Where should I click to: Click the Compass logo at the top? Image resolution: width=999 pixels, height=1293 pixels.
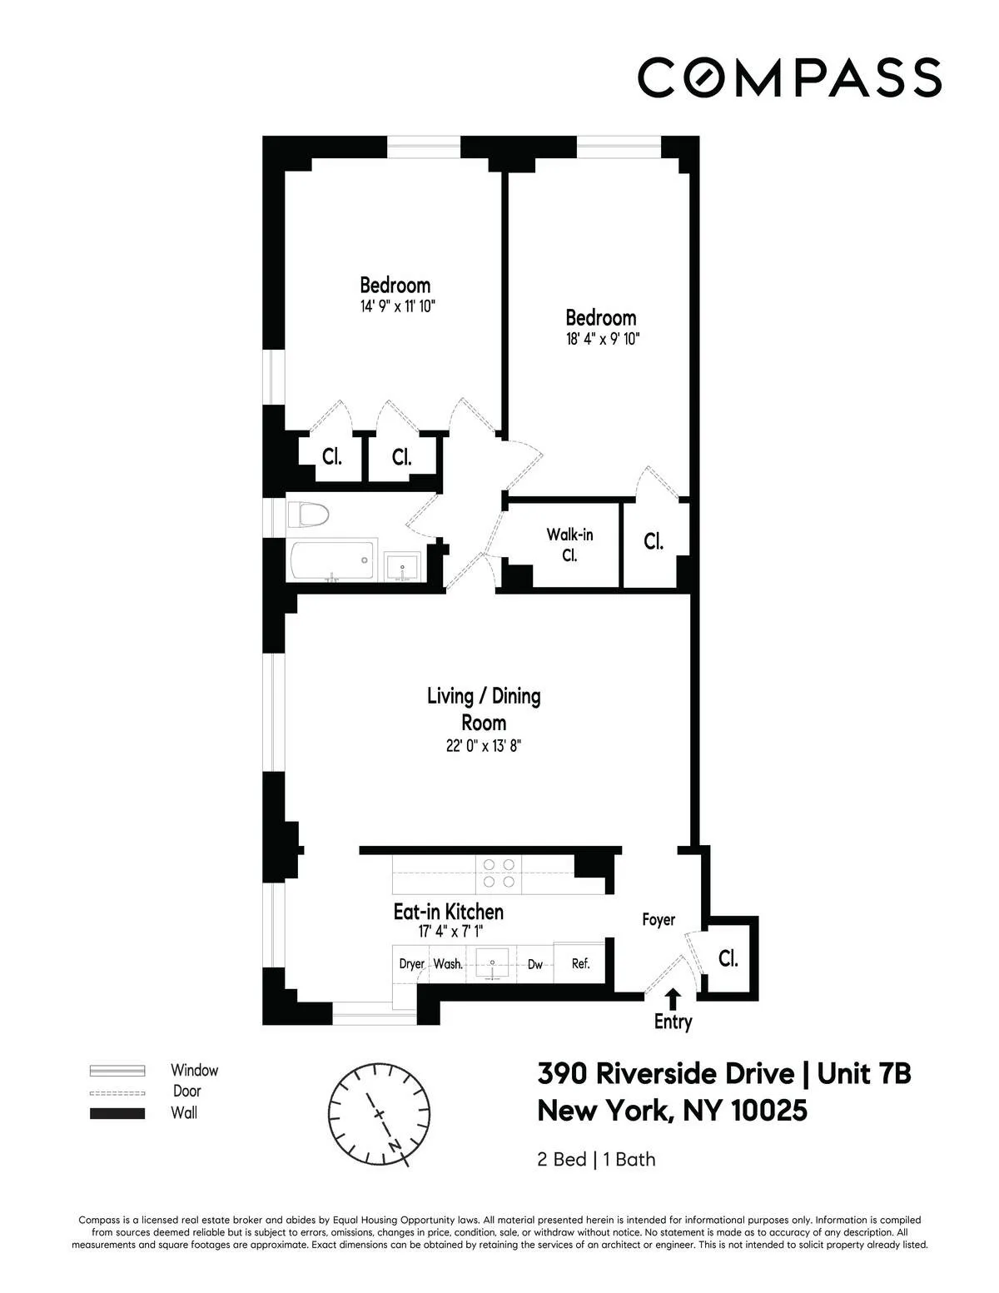(789, 77)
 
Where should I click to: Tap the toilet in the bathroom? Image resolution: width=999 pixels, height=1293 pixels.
(308, 515)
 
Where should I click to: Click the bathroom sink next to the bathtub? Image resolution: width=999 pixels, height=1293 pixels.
(405, 569)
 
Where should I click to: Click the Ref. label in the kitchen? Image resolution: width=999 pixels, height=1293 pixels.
(580, 963)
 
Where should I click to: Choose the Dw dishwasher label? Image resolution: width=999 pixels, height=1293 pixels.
(534, 964)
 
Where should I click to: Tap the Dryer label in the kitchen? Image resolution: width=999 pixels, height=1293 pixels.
(411, 963)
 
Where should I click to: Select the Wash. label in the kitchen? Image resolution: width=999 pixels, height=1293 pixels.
(448, 963)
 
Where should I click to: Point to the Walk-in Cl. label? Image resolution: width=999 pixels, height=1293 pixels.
(569, 545)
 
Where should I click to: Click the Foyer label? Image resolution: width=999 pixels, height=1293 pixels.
(658, 920)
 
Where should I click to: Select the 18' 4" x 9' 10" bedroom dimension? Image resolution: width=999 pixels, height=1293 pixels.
(601, 340)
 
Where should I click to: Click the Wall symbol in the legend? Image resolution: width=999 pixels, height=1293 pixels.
(117, 1113)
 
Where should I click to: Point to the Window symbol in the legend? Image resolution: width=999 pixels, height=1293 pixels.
(117, 1071)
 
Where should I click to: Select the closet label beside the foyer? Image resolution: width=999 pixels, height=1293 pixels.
(728, 958)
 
